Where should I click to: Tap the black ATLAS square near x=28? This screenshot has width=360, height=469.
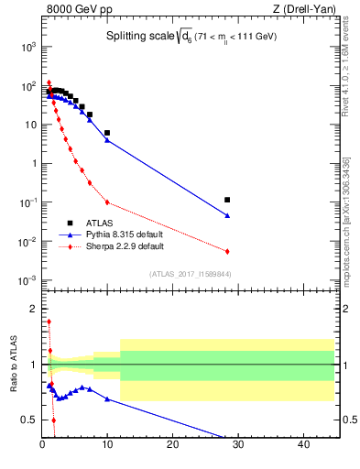[x=227, y=200]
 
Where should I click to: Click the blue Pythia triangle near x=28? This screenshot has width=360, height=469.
[x=227, y=216]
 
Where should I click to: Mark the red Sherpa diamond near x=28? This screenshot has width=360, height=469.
[x=227, y=251]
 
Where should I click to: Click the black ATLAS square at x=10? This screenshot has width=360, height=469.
[x=107, y=133]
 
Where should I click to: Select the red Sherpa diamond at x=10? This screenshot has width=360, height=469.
[x=107, y=202]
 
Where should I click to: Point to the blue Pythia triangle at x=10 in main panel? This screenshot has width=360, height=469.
[x=107, y=140]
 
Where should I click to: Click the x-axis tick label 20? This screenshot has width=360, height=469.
[x=172, y=445]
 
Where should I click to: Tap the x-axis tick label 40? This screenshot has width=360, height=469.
[x=302, y=445]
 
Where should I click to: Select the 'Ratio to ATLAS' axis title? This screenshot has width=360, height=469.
[x=13, y=364]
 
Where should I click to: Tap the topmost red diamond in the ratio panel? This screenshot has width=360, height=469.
[x=49, y=322]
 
